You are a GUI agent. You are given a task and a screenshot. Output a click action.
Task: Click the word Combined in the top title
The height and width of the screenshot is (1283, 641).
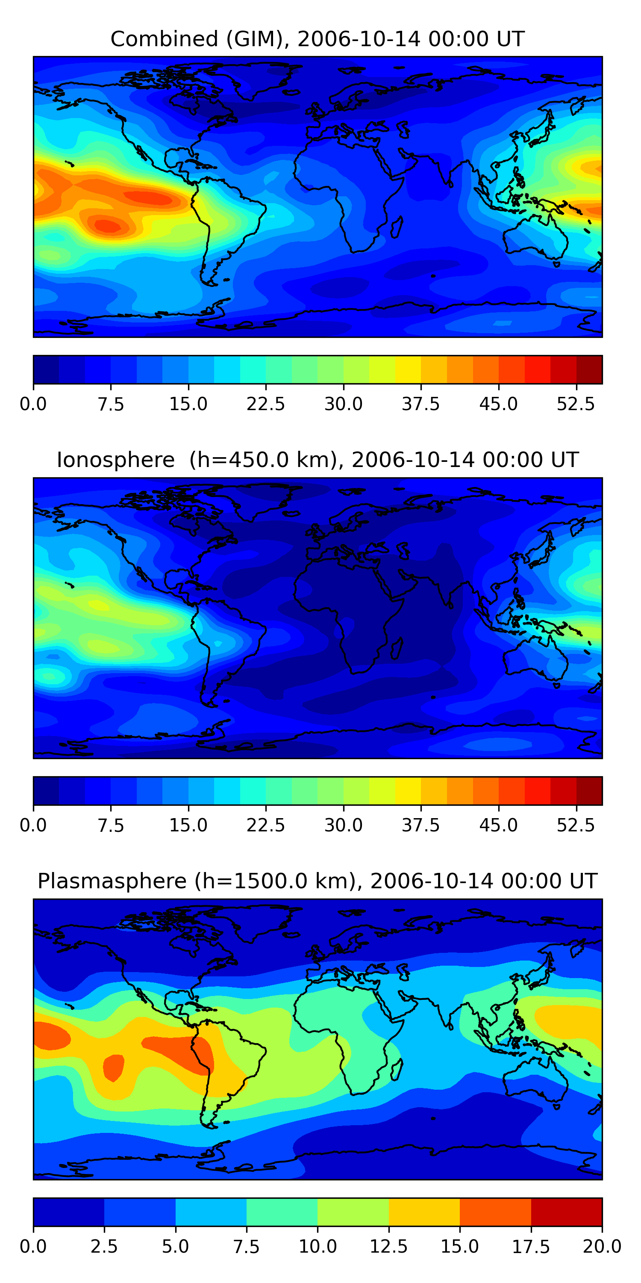164,39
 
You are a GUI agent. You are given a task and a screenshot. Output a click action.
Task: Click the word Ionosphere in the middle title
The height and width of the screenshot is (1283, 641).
115,460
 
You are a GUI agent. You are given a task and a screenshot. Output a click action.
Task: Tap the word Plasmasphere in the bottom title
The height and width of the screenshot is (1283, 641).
112,881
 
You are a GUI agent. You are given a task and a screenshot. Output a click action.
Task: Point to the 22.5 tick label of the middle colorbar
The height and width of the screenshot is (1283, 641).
266,825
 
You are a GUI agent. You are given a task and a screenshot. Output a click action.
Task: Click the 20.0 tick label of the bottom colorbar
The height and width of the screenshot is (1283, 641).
602,1247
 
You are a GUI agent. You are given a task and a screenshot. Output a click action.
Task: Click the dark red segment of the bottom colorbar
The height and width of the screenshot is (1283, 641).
566,1212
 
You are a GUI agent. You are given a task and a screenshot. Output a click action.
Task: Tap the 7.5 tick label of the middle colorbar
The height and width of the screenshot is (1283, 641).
111,825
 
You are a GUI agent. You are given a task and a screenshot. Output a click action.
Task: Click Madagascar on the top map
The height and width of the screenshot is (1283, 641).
397,227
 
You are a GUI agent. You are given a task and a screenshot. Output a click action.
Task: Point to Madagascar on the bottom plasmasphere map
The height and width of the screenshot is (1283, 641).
397,1069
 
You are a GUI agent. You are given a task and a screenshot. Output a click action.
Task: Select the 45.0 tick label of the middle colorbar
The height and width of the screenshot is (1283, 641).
498,825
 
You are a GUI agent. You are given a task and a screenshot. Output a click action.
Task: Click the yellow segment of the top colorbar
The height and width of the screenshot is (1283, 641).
408,370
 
